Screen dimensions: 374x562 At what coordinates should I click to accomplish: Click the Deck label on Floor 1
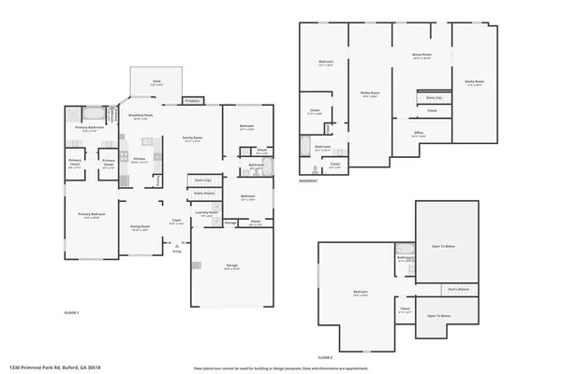coord(155,81)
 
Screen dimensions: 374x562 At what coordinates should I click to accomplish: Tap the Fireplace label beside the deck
coord(192,100)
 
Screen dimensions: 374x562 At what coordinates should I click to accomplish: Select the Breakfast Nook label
coord(140,117)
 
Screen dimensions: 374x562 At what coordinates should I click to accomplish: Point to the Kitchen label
coord(139,159)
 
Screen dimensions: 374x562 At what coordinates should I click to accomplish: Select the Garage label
coord(230,266)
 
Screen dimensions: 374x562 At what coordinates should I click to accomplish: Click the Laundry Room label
coord(206,213)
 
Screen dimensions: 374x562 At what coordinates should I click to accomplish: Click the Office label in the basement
coord(419,133)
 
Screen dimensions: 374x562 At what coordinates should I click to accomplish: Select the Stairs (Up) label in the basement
coord(433,97)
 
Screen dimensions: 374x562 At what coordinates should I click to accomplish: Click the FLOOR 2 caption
coord(325,357)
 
